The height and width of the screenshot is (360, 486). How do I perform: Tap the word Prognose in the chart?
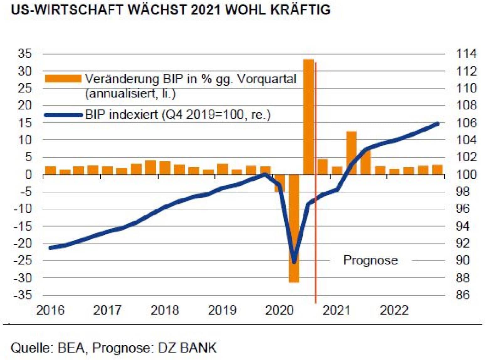click(370, 260)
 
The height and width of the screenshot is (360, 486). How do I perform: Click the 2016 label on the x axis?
click(50, 310)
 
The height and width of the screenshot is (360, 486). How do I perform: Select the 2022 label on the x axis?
click(394, 310)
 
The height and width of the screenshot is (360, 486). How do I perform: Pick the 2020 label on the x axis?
click(279, 310)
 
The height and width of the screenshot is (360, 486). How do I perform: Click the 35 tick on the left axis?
click(25, 54)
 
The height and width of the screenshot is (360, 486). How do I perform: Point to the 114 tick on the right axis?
click(466, 54)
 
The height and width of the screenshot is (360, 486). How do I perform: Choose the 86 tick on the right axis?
click(462, 295)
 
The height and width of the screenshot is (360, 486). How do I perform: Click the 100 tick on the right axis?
click(466, 174)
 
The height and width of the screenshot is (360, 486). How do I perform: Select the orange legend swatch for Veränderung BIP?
click(63, 79)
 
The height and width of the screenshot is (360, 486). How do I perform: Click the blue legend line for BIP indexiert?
click(63, 115)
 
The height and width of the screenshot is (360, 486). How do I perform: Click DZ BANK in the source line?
click(187, 348)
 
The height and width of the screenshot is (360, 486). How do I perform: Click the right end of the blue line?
click(437, 124)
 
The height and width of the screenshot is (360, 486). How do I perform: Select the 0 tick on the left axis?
click(29, 174)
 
